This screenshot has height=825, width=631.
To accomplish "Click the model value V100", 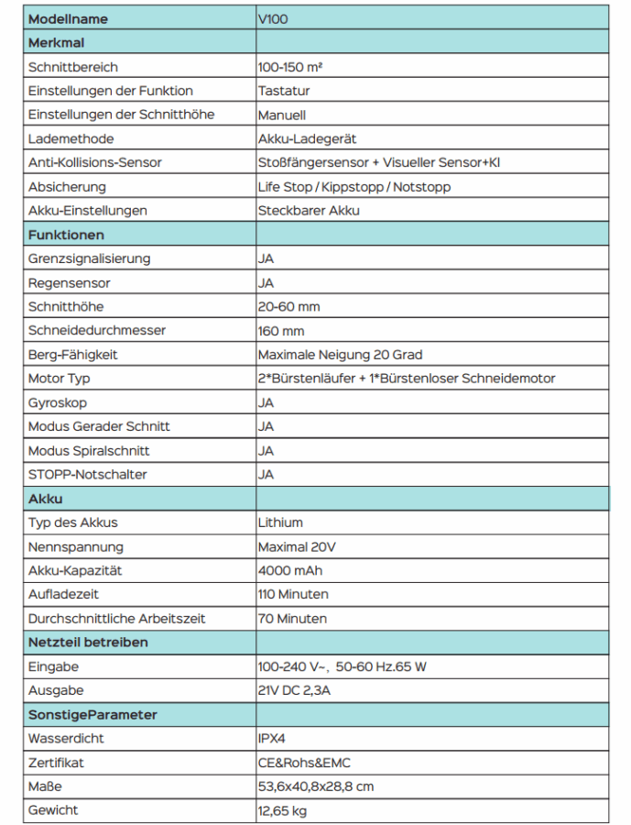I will point(273,19).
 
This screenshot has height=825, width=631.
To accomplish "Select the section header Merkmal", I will point(57,43).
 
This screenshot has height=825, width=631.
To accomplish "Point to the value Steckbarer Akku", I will point(309,211).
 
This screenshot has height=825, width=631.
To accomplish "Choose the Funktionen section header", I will point(66,235).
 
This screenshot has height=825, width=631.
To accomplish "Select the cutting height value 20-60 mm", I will point(288,307).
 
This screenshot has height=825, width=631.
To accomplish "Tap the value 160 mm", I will point(281,331).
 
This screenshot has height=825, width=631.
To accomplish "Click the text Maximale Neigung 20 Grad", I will point(340,355).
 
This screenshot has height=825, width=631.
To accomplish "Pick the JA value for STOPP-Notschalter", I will point(266,475).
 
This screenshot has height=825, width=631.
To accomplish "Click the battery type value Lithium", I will point(280,522).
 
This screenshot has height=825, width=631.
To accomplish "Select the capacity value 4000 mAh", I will point(290,570).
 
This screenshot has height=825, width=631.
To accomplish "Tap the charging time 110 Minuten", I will point(292,594).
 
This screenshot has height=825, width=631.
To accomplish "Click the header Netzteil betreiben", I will point(88,643).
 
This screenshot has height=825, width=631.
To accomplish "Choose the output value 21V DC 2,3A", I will point(294,690).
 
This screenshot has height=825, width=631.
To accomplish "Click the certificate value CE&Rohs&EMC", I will point(304,763).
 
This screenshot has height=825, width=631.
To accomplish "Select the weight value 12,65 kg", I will point(283,810).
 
